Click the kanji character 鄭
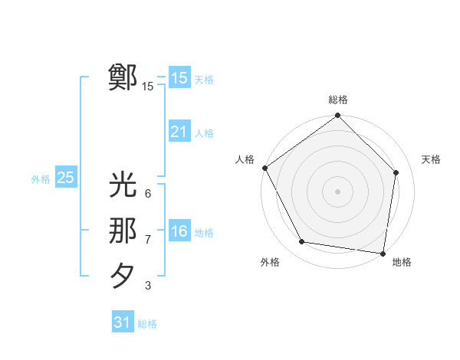point(123,77)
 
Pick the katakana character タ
point(123,276)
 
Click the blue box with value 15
point(179,78)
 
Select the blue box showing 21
point(179,132)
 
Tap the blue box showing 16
point(179,231)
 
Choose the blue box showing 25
point(65,178)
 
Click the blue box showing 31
point(122,322)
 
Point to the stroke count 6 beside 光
point(148,194)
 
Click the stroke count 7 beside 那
point(148,240)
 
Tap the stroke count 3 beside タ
point(148,286)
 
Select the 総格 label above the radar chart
point(338,100)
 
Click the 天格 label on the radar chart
point(431,159)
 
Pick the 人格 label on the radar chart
point(245,159)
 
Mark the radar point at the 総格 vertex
point(338,116)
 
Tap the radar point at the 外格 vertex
point(302,242)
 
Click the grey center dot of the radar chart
point(338,190)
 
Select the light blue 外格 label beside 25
point(41,179)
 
